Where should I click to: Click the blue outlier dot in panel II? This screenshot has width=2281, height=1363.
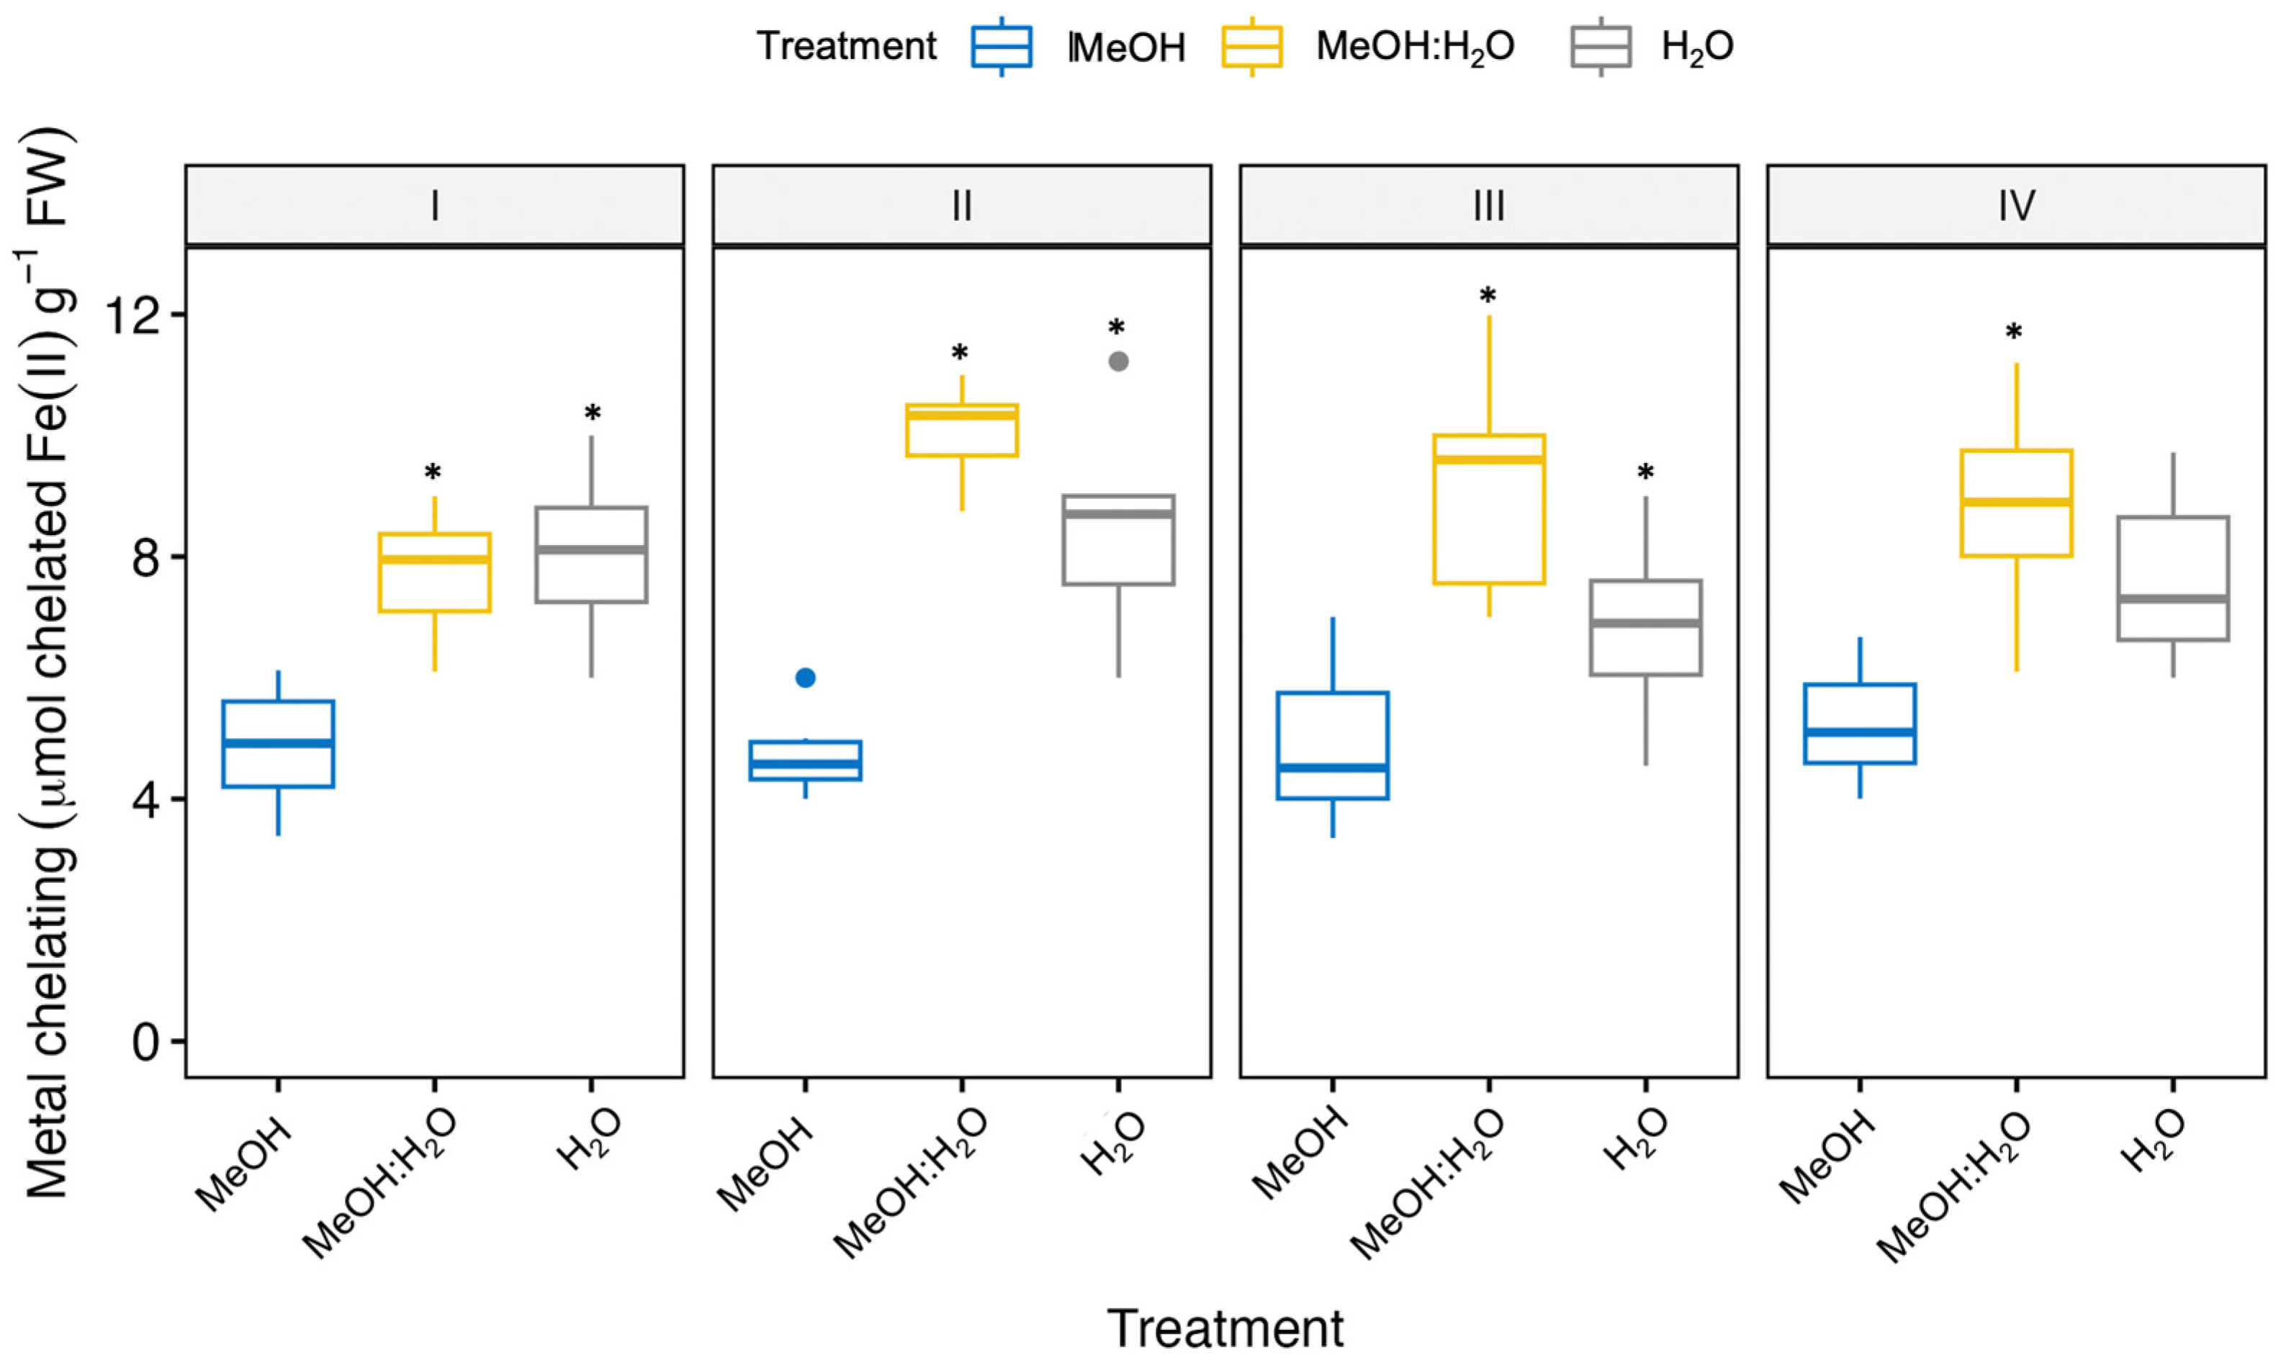tap(805, 678)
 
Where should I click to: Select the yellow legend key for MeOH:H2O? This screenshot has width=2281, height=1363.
tap(1251, 46)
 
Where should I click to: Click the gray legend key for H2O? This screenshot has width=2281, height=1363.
tap(1601, 46)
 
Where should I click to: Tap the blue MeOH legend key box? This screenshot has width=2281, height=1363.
tap(1001, 46)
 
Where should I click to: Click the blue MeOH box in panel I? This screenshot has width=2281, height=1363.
tap(278, 744)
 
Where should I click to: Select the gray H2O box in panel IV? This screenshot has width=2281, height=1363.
tap(2173, 579)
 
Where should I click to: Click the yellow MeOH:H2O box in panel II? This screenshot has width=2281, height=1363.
tap(961, 430)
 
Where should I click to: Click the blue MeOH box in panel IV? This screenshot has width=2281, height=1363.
tap(1860, 724)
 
